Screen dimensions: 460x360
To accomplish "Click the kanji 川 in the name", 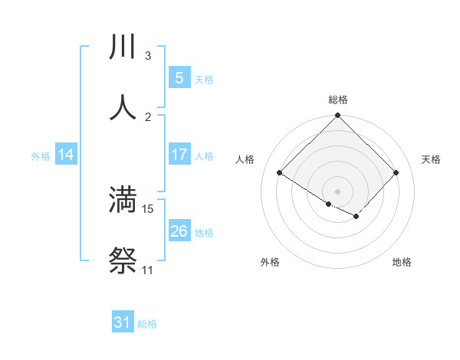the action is click(x=123, y=47).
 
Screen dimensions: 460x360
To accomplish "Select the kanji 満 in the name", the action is click(x=123, y=200).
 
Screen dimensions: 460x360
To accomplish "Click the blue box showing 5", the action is click(x=179, y=77).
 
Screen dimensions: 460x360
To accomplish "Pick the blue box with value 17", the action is click(x=179, y=155).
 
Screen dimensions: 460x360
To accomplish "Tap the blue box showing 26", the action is click(x=179, y=231).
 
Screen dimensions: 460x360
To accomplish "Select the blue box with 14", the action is click(x=66, y=155).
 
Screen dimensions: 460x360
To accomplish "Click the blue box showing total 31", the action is click(x=123, y=322).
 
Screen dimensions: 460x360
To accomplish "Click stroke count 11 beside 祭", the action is click(x=147, y=270).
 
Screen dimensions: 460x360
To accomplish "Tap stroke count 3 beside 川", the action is click(x=148, y=56).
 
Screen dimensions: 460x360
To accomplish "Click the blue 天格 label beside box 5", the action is click(x=204, y=79).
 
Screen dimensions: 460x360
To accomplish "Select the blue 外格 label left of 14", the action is click(x=41, y=155).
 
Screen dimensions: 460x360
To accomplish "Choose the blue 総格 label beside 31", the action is click(x=147, y=324).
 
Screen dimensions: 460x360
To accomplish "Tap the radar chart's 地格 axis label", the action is click(x=402, y=262).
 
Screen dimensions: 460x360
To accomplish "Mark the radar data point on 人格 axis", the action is click(x=280, y=173).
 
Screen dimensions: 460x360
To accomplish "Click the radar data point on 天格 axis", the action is click(x=396, y=173).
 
